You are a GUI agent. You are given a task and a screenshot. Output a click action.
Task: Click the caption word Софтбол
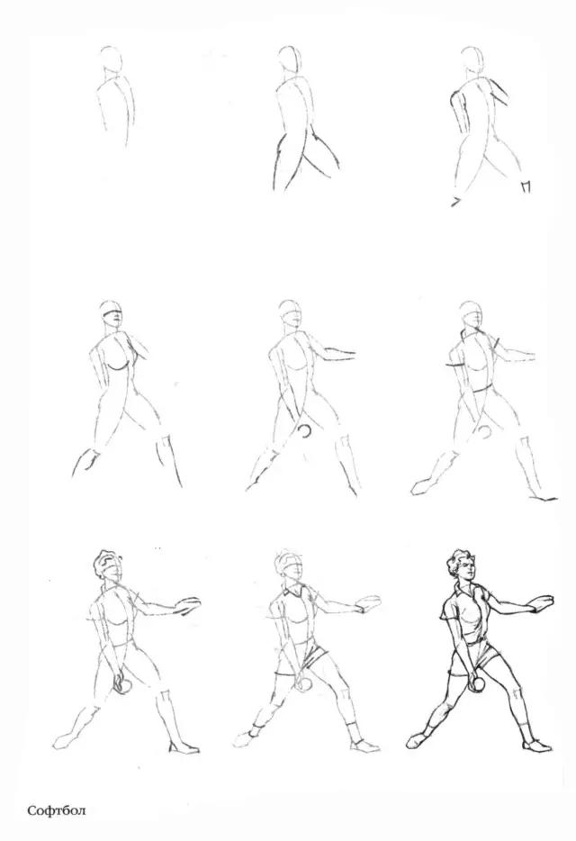tap(57, 809)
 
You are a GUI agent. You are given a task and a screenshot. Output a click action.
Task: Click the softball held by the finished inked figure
tap(477, 684)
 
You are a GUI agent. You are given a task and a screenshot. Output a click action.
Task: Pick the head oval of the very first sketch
tap(111, 59)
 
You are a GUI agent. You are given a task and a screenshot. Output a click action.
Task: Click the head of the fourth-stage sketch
tap(111, 313)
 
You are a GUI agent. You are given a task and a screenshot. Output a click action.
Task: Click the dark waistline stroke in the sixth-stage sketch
tap(480, 391)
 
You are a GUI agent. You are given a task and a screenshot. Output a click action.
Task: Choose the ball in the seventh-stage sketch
tap(122, 686)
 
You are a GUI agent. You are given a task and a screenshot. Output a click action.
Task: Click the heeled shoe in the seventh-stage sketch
tap(184, 747)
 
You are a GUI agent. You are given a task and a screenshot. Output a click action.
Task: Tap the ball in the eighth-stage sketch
tap(304, 683)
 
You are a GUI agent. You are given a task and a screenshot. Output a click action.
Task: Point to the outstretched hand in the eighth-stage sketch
tap(368, 603)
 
